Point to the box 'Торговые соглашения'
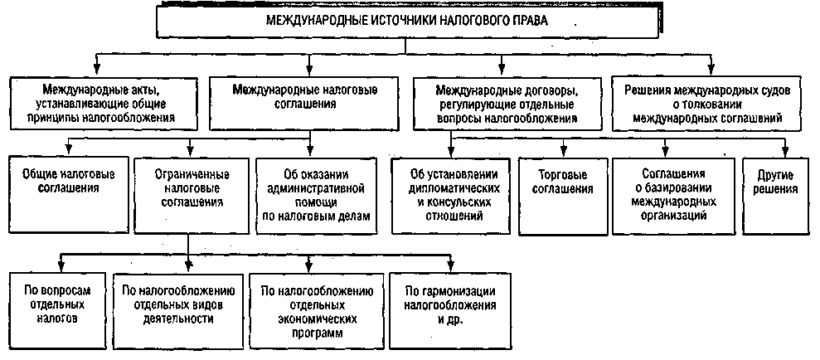tap(564, 182)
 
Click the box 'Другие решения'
tap(777, 182)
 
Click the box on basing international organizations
tap(672, 195)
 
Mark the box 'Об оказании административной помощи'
tap(313, 195)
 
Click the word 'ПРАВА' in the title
tap(529, 22)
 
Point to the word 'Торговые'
tap(564, 175)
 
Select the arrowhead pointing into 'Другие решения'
tap(784, 151)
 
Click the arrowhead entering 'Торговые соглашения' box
tap(564, 151)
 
